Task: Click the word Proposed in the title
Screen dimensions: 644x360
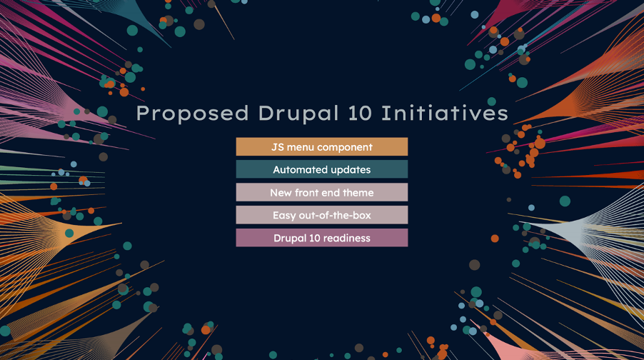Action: point(192,114)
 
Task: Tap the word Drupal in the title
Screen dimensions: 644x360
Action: point(299,114)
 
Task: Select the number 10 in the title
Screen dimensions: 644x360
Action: point(360,114)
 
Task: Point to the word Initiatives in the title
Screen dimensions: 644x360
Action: point(445,113)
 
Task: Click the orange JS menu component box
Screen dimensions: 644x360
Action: point(322,146)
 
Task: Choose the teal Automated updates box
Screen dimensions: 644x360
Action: point(322,169)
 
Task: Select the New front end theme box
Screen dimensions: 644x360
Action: point(322,192)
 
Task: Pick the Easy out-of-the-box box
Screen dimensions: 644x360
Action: point(322,215)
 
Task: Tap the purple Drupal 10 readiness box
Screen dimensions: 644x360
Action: point(322,238)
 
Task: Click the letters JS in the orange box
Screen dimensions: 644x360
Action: point(278,147)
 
